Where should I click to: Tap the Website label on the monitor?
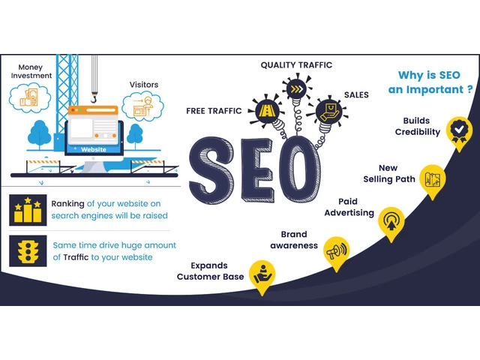point(94,149)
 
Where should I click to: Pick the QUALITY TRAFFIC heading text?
point(295,66)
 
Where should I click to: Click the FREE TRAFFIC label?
point(213,111)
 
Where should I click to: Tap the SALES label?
point(356,95)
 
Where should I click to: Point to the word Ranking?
point(67,203)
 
